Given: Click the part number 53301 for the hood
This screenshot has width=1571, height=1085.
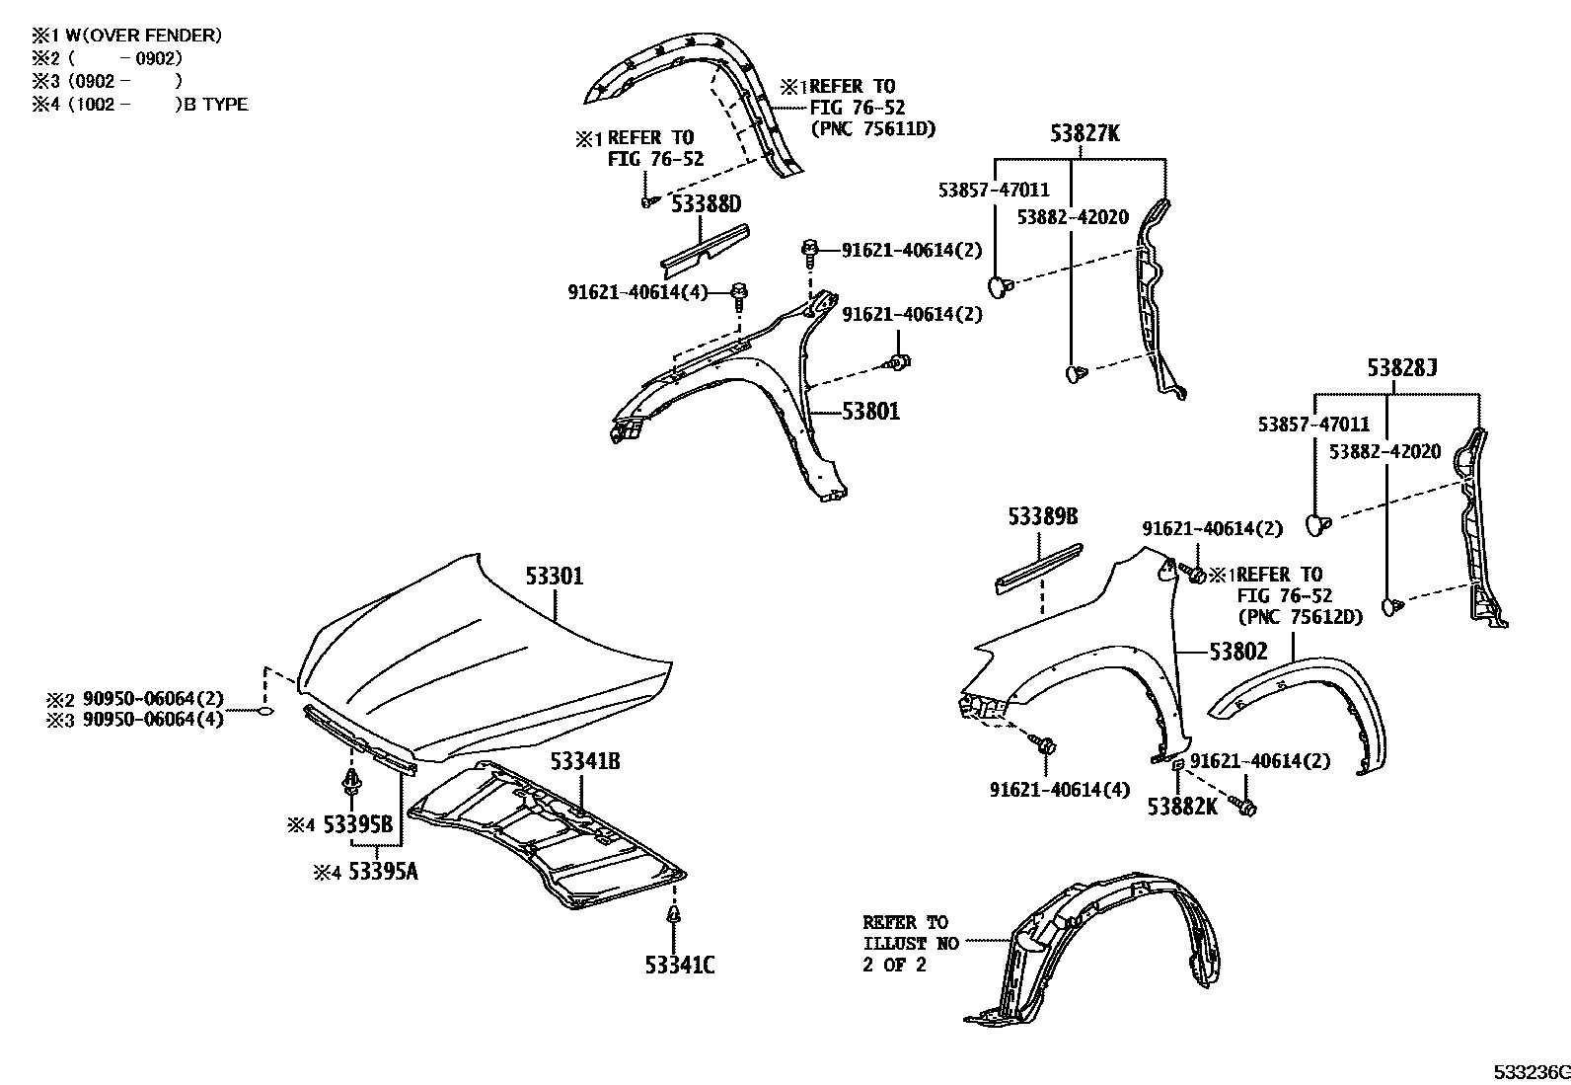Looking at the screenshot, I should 554,576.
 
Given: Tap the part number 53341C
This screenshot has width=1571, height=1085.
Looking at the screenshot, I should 680,965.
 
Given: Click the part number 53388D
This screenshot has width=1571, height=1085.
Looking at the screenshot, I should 706,205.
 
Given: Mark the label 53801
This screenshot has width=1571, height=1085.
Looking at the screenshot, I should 870,411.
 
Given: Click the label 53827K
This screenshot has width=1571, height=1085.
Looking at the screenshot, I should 1085,134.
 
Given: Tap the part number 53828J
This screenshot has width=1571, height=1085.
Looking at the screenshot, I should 1401,369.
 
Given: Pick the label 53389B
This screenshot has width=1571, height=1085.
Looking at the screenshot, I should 1042,516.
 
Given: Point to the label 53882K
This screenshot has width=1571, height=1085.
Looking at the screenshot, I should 1182,807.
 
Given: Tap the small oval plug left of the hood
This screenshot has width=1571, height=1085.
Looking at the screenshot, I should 264,711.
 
